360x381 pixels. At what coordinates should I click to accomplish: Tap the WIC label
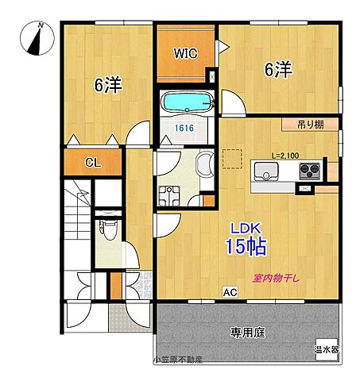pos(187,55)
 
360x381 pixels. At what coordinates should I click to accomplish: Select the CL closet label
pos(93,163)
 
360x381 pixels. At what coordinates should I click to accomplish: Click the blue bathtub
pos(188,104)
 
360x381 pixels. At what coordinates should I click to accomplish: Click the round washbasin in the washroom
pos(204,164)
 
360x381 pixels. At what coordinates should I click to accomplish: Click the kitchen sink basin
pos(263,171)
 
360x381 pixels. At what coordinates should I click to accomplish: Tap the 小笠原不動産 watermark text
pos(178,360)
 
